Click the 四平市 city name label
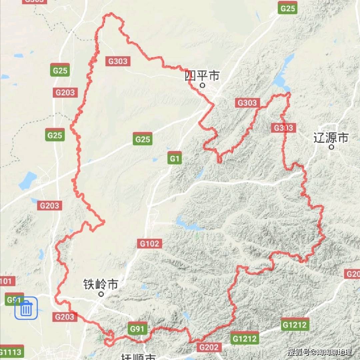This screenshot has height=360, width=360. pyautogui.click(x=202, y=76)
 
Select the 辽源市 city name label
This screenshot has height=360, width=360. pyautogui.click(x=331, y=138)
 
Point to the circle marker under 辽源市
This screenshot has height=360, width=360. pyautogui.click(x=331, y=147)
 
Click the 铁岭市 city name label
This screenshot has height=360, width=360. pyautogui.click(x=101, y=285)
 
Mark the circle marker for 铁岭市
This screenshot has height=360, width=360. pyautogui.click(x=101, y=294)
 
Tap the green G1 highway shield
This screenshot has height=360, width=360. pyautogui.click(x=175, y=158)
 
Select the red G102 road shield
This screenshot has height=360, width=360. pyautogui.click(x=149, y=244)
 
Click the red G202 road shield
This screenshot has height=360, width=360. pyautogui.click(x=209, y=347)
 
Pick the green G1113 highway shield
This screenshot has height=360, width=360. pyautogui.click(x=11, y=352)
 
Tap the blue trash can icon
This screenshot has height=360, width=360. pyautogui.click(x=26, y=308)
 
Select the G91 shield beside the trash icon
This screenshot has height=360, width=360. pyautogui.click(x=14, y=299)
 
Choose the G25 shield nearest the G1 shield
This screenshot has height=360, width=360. pyautogui.click(x=143, y=139)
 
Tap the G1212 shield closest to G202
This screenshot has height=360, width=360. pyautogui.click(x=245, y=339)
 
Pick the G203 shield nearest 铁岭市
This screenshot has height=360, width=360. pyautogui.click(x=65, y=317)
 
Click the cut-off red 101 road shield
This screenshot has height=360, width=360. pyautogui.click(x=7, y=281)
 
